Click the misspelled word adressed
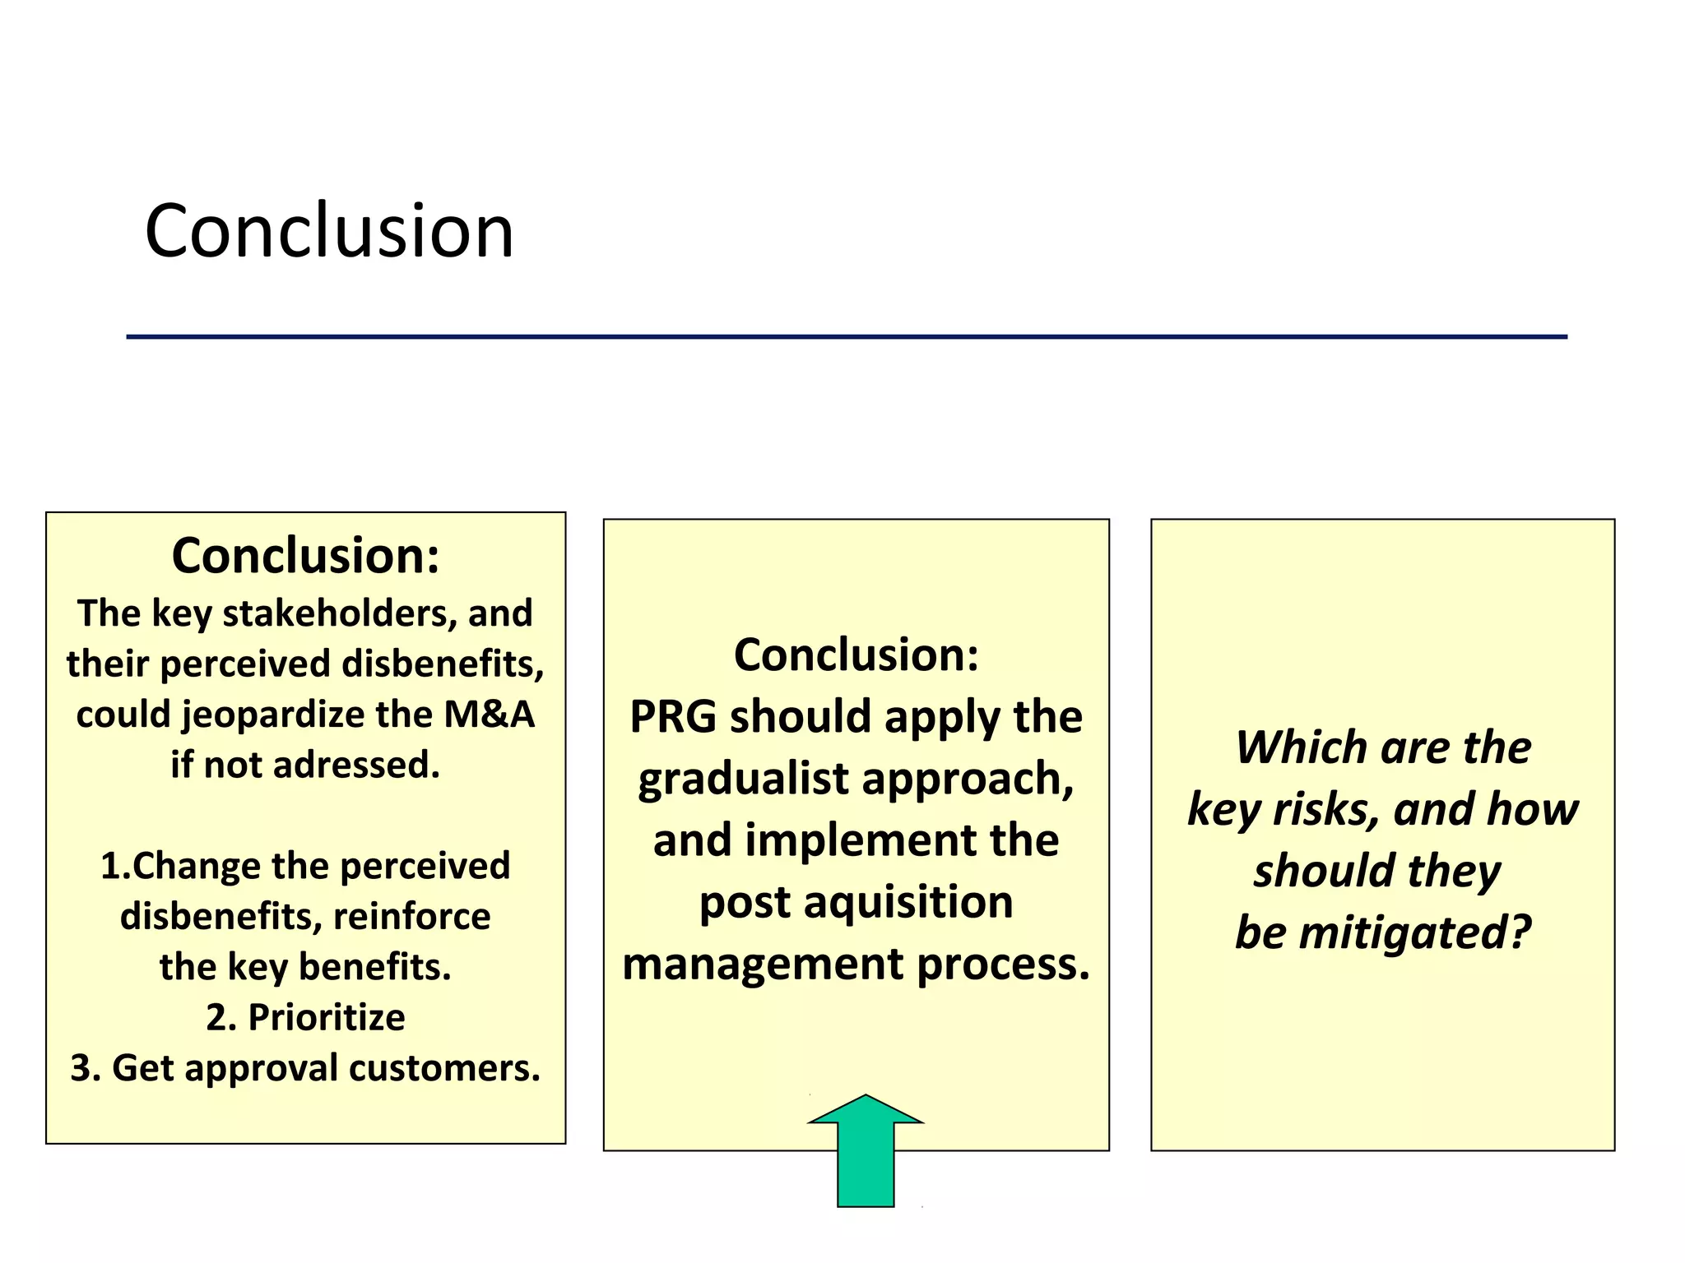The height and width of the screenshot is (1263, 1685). [x=356, y=765]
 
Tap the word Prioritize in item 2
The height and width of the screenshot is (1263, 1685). [x=326, y=1017]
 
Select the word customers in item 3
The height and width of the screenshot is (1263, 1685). [x=444, y=1068]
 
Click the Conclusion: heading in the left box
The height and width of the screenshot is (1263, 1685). [x=305, y=556]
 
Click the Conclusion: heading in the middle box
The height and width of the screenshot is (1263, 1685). [x=856, y=655]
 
